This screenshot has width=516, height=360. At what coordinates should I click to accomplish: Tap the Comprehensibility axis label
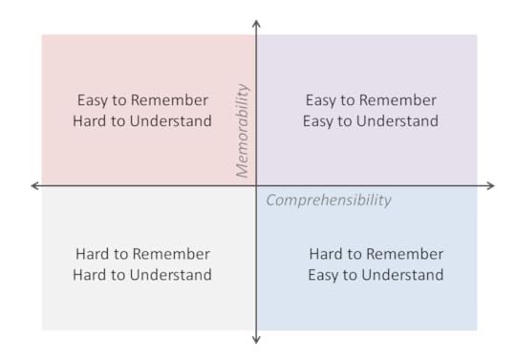pos(329,201)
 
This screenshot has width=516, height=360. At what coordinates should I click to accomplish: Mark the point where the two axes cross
pos(256,185)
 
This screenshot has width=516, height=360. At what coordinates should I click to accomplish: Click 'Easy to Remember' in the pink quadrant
pos(142,100)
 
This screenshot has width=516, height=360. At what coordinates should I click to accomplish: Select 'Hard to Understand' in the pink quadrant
pos(142,121)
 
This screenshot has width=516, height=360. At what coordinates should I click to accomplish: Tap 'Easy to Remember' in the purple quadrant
pos(371,100)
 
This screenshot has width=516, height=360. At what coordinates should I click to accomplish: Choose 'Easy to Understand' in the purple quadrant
pos(371,121)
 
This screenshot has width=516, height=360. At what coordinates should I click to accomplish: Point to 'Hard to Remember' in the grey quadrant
pos(142,254)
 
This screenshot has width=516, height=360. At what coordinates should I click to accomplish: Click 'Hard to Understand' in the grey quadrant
pos(142,275)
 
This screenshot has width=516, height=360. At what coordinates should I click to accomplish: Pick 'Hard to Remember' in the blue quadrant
pos(376,254)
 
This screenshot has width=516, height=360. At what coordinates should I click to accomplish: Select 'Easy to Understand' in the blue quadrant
pos(376,275)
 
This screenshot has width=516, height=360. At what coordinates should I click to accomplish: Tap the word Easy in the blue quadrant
pos(323,275)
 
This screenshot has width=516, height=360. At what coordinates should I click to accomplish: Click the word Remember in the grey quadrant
pos(172,254)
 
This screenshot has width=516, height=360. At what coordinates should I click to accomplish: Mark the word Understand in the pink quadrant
pos(170,121)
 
